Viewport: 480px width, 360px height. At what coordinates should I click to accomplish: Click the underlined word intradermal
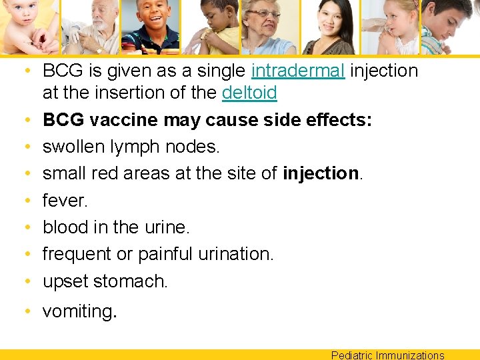coord(298,71)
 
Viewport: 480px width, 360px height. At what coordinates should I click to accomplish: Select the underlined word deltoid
coord(249,93)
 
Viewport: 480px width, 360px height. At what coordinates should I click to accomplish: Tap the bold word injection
coord(321,173)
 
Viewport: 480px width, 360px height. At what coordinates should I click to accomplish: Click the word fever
coord(65,200)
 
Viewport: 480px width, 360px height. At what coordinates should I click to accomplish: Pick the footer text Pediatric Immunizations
coord(387,355)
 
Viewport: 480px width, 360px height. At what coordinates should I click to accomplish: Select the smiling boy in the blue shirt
coord(151,20)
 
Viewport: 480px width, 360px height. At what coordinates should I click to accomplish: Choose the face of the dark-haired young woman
coord(327,23)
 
